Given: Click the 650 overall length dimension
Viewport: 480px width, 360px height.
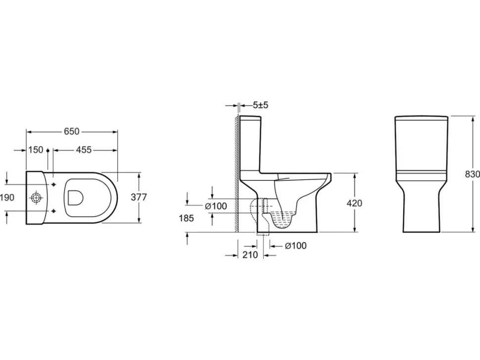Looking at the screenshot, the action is point(72,131).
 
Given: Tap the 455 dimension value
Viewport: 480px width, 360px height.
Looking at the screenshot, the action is point(84,150).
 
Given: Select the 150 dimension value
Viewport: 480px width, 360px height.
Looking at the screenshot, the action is point(36,150).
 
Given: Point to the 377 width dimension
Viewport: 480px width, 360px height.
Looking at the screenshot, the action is point(139,197).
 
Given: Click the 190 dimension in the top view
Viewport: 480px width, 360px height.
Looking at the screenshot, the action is point(7,198).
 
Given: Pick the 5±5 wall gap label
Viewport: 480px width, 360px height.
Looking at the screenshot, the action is point(260,105).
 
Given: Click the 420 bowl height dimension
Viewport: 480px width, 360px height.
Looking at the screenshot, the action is point(354,203).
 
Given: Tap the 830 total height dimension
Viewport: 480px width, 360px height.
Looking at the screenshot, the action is point(473,174).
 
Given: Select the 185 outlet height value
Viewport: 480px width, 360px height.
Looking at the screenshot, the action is point(187,218).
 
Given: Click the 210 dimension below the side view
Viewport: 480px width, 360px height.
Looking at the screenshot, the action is point(250,255).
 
